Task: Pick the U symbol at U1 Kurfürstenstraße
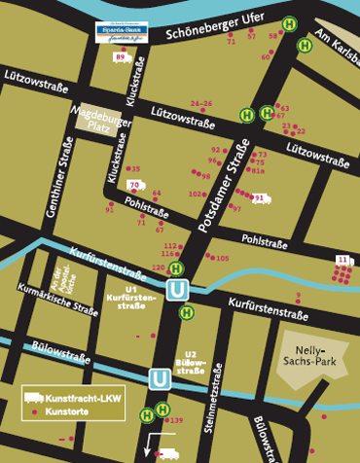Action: click(x=177, y=289)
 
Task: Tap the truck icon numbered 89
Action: click(x=122, y=58)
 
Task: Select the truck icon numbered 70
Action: click(x=135, y=185)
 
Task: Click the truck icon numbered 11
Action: click(x=342, y=259)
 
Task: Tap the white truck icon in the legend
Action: click(x=33, y=398)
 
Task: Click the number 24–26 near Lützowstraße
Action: click(x=201, y=103)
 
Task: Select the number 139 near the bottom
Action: click(x=176, y=420)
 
